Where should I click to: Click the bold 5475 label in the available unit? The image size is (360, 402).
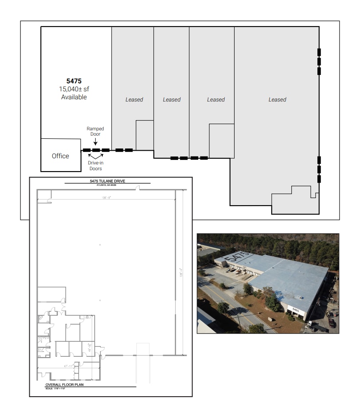pyautogui.click(x=74, y=81)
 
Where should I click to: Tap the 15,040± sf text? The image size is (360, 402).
pyautogui.click(x=74, y=89)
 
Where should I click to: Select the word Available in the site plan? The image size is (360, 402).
pyautogui.click(x=74, y=97)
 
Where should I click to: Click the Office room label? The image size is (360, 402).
pyautogui.click(x=60, y=156)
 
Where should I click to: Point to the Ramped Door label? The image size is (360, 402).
pyautogui.click(x=96, y=131)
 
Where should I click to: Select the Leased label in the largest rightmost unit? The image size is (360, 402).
pyautogui.click(x=277, y=100)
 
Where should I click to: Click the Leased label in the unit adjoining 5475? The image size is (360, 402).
pyautogui.click(x=134, y=100)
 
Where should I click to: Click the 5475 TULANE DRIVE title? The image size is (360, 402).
pyautogui.click(x=108, y=181)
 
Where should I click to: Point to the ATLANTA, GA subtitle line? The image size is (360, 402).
pyautogui.click(x=108, y=185)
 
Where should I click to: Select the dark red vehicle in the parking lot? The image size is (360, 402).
pyautogui.click(x=332, y=323)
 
